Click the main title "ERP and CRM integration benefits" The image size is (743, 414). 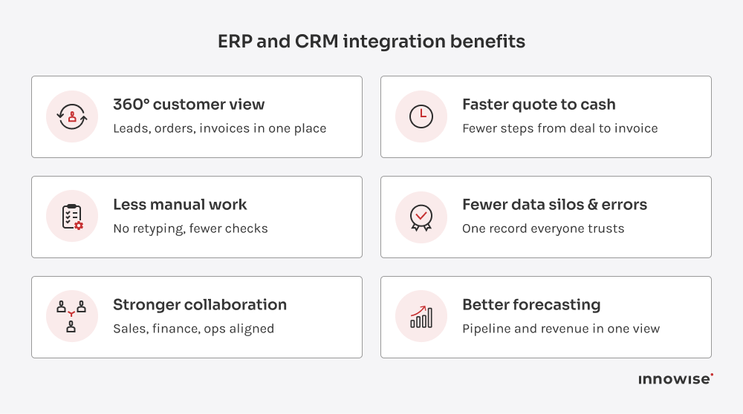point(371,42)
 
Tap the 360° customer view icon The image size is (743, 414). point(72,116)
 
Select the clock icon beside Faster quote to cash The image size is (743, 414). point(421,116)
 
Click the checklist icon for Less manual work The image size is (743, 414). point(72,217)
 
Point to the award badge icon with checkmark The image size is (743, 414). point(421,217)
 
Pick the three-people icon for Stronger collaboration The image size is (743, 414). point(72,317)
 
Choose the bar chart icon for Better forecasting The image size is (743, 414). point(421,317)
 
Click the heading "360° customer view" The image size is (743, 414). point(189,105)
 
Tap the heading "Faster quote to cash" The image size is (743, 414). point(539,105)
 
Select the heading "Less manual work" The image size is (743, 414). point(180,205)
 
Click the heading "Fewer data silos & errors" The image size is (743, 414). point(554,205)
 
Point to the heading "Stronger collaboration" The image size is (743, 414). point(200,305)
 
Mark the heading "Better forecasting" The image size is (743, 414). point(531,305)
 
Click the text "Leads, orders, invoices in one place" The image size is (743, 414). point(220,129)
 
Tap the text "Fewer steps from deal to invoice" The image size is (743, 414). point(560,129)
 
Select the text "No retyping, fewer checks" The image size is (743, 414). point(190,229)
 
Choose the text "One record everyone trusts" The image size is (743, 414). point(543,229)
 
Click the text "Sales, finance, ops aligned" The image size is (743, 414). point(193,329)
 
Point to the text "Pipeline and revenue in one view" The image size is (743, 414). point(561,329)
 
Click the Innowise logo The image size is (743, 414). point(675,379)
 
